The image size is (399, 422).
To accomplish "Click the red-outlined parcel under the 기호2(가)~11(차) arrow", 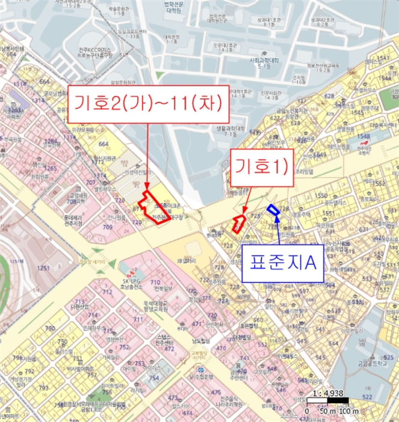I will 153,209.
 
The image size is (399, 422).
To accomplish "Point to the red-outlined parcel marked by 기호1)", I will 239,223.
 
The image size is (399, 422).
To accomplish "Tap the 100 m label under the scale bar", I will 348,411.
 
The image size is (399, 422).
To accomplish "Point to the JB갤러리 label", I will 187,260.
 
